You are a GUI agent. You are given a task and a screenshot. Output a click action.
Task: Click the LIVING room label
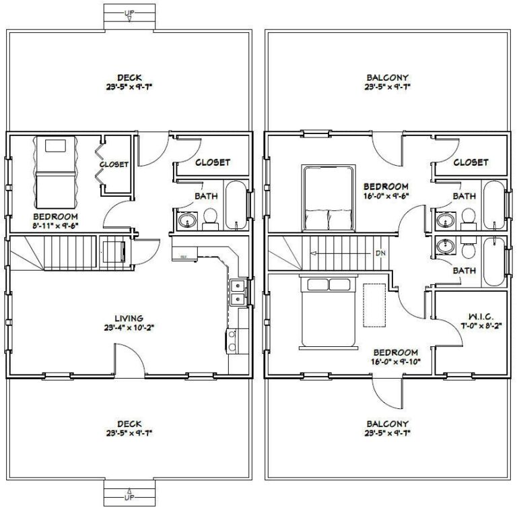[128, 319]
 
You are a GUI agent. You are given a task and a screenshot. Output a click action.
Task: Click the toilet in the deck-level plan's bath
[210, 217]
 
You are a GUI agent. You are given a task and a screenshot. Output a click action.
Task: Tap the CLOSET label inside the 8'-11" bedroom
[114, 165]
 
